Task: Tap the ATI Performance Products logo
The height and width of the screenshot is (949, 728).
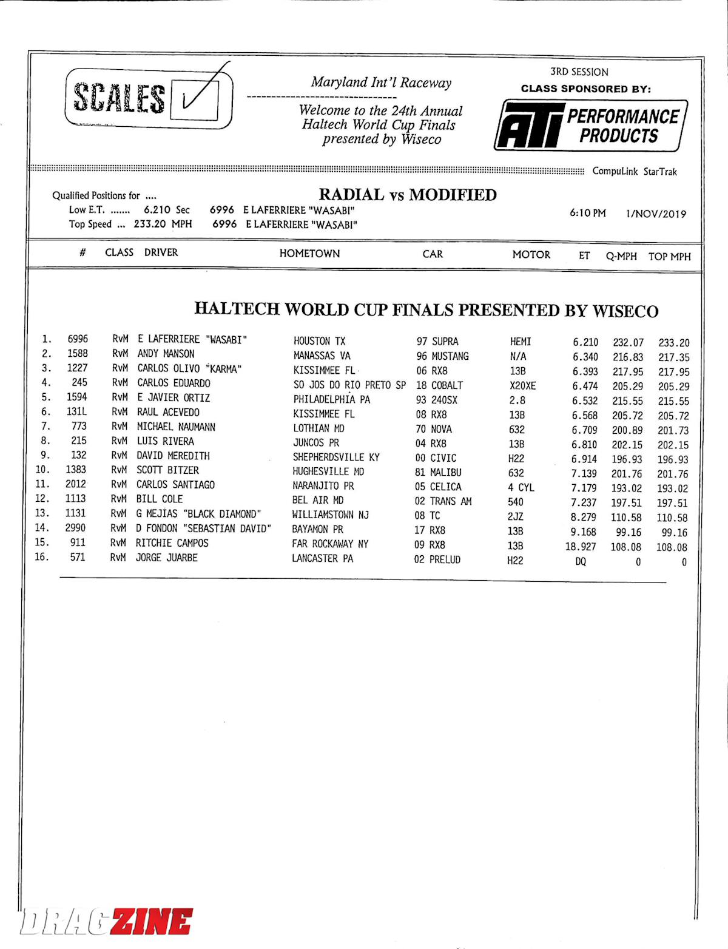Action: pos(591,126)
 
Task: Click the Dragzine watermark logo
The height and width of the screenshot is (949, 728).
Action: pos(107,921)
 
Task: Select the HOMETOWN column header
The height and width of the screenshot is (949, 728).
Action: pos(309,254)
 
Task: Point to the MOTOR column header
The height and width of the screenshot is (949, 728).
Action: pos(531,255)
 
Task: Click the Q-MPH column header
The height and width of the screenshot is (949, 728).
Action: pos(621,256)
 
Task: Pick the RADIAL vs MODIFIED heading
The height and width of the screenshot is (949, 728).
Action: pos(408,195)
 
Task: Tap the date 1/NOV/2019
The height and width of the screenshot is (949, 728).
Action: pos(656,214)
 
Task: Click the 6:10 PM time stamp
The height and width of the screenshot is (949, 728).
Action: pos(587,213)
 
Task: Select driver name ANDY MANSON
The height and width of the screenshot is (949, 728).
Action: pos(166,354)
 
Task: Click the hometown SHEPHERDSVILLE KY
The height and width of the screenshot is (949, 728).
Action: pos(336,458)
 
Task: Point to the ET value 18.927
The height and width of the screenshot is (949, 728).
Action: pos(581,547)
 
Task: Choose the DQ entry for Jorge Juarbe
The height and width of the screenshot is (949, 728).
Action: pos(581,562)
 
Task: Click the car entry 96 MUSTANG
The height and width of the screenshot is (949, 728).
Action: pos(442,356)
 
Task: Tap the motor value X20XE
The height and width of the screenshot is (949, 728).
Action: pos(522,386)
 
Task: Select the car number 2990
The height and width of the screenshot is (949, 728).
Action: pos(75,528)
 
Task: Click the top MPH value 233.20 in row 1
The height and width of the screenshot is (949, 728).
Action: pos(673,343)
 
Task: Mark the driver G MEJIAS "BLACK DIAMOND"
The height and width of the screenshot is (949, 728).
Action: pos(198,514)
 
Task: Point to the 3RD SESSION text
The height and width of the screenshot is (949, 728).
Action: pos(579,72)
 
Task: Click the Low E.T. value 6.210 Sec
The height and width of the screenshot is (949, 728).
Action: pos(166,210)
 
